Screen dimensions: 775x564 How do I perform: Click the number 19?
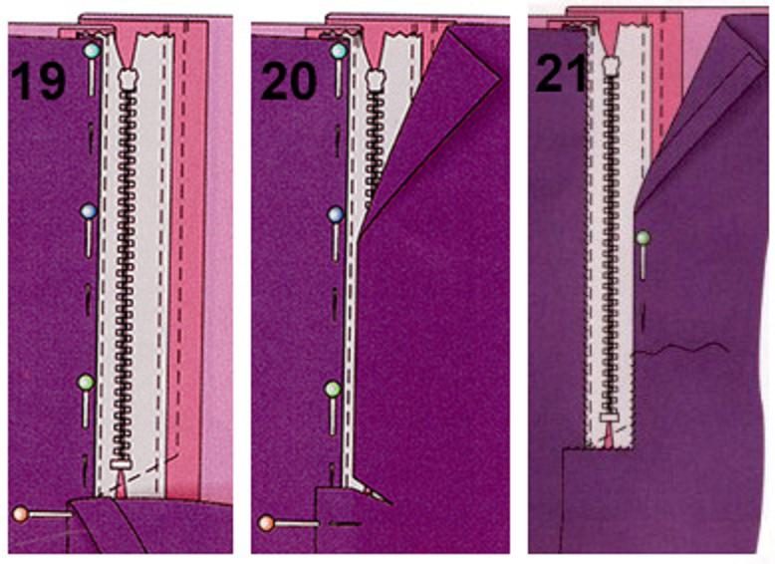[x=38, y=81]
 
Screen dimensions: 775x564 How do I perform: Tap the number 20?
[x=288, y=81]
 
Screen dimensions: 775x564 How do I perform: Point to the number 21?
[x=560, y=73]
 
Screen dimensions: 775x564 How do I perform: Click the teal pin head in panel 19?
[x=92, y=51]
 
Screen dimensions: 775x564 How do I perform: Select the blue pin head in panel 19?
[x=89, y=211]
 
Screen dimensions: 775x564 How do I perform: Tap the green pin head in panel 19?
[x=86, y=382]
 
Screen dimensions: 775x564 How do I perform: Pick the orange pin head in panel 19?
[x=20, y=514]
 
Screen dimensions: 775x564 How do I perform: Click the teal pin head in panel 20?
[x=339, y=51]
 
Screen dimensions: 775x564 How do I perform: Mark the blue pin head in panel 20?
[x=336, y=215]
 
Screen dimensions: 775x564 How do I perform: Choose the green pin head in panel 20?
[x=333, y=390]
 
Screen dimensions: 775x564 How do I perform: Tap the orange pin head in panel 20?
[x=266, y=523]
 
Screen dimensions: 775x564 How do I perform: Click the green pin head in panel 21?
[x=644, y=239]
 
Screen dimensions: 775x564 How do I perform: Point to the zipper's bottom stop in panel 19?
[x=121, y=464]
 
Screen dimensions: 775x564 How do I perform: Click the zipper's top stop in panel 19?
[x=128, y=78]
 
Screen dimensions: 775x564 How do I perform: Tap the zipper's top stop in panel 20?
[x=376, y=78]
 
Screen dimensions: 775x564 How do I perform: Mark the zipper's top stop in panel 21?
[x=611, y=64]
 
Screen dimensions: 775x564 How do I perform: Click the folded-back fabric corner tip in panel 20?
[x=501, y=78]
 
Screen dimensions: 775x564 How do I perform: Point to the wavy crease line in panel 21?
[x=681, y=348]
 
